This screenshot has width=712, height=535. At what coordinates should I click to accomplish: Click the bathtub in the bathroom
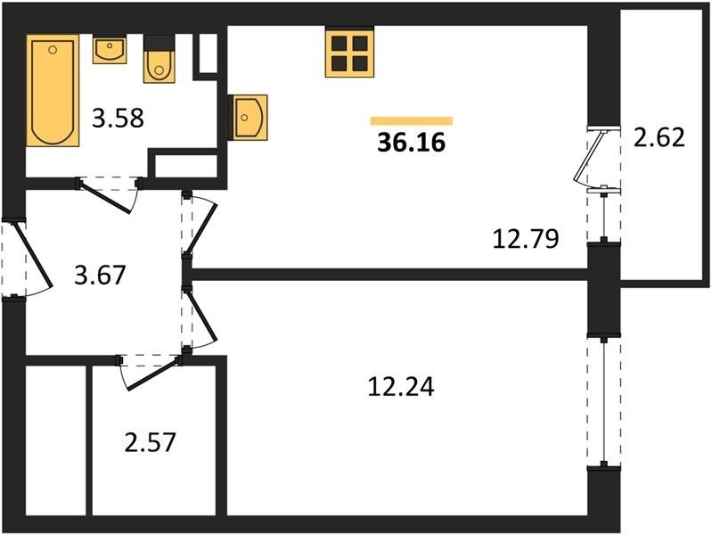tap(53, 90)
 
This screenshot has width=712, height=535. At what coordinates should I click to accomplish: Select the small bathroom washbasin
tap(110, 49)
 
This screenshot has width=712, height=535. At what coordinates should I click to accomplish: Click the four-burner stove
tap(349, 52)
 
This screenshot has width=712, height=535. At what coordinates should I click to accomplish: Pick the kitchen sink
tap(248, 117)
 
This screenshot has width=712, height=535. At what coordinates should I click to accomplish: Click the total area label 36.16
tap(412, 143)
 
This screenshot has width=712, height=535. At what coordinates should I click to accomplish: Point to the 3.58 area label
tap(118, 118)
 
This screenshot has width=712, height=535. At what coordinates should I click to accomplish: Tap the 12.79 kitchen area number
tap(526, 239)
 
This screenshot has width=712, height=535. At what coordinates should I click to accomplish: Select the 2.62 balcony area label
tap(659, 137)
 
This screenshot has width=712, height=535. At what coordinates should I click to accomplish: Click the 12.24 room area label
tap(401, 387)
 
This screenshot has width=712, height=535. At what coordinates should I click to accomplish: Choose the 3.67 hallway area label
tap(100, 275)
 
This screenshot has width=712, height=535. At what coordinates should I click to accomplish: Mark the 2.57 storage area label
tap(151, 443)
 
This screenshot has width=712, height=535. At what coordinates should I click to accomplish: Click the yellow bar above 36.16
tap(412, 120)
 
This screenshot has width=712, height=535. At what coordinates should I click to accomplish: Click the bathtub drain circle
tap(53, 50)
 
